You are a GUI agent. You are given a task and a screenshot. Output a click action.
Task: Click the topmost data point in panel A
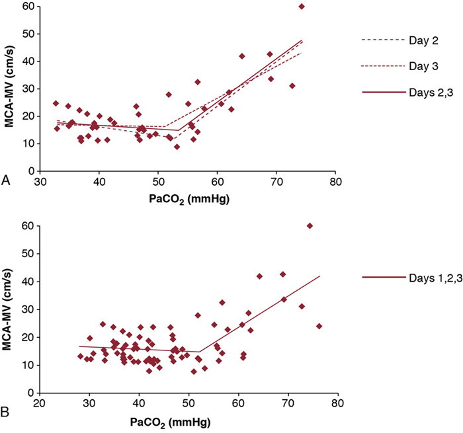[302, 7]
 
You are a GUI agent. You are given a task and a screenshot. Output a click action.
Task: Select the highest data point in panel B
[310, 226]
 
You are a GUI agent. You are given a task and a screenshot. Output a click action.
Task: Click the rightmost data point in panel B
[319, 326]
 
